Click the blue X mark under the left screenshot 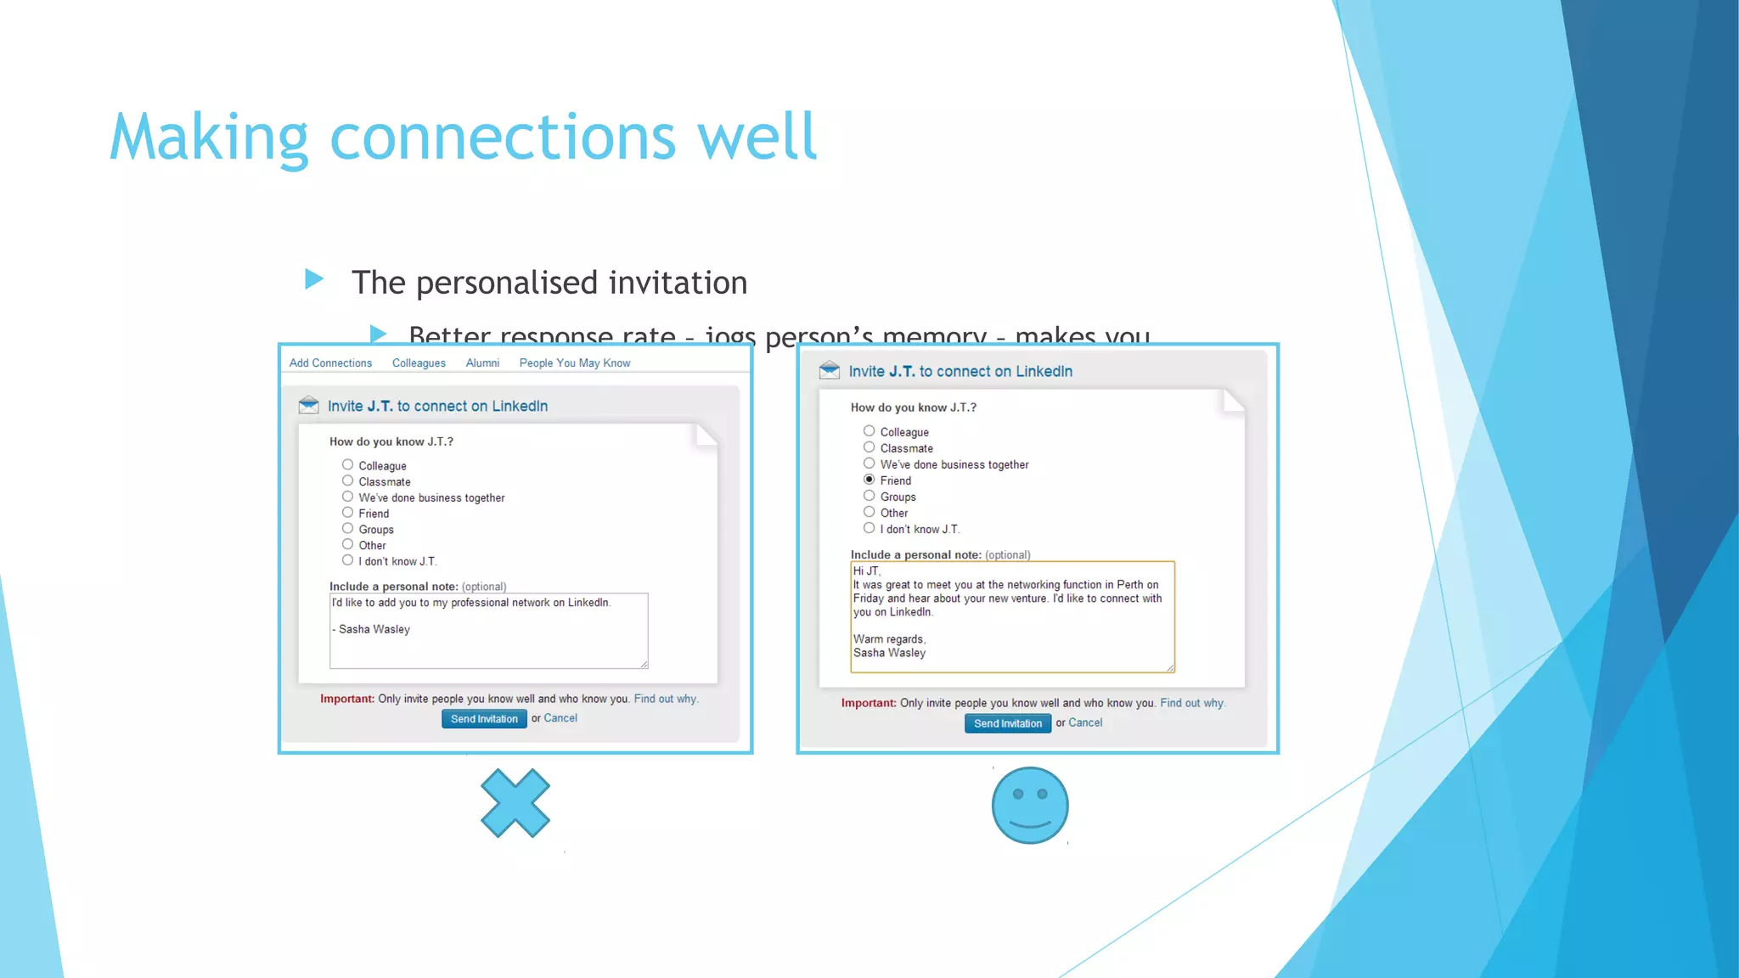click(x=515, y=803)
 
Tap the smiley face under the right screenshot click(x=1030, y=806)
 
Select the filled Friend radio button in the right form click(x=869, y=480)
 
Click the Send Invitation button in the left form click(x=484, y=719)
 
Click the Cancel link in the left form click(x=560, y=718)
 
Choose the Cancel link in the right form click(x=1085, y=722)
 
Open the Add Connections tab click(x=330, y=363)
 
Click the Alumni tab click(x=482, y=363)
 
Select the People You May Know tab click(x=575, y=363)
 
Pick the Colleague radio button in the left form click(x=347, y=464)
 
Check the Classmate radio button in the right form click(x=869, y=447)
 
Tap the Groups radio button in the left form click(x=347, y=528)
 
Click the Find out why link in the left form click(x=666, y=699)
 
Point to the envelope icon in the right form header click(x=830, y=370)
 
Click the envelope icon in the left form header click(x=308, y=405)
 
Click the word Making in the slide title click(x=209, y=138)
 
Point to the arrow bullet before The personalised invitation click(x=314, y=279)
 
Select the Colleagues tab click(x=419, y=363)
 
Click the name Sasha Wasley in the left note click(x=374, y=629)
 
